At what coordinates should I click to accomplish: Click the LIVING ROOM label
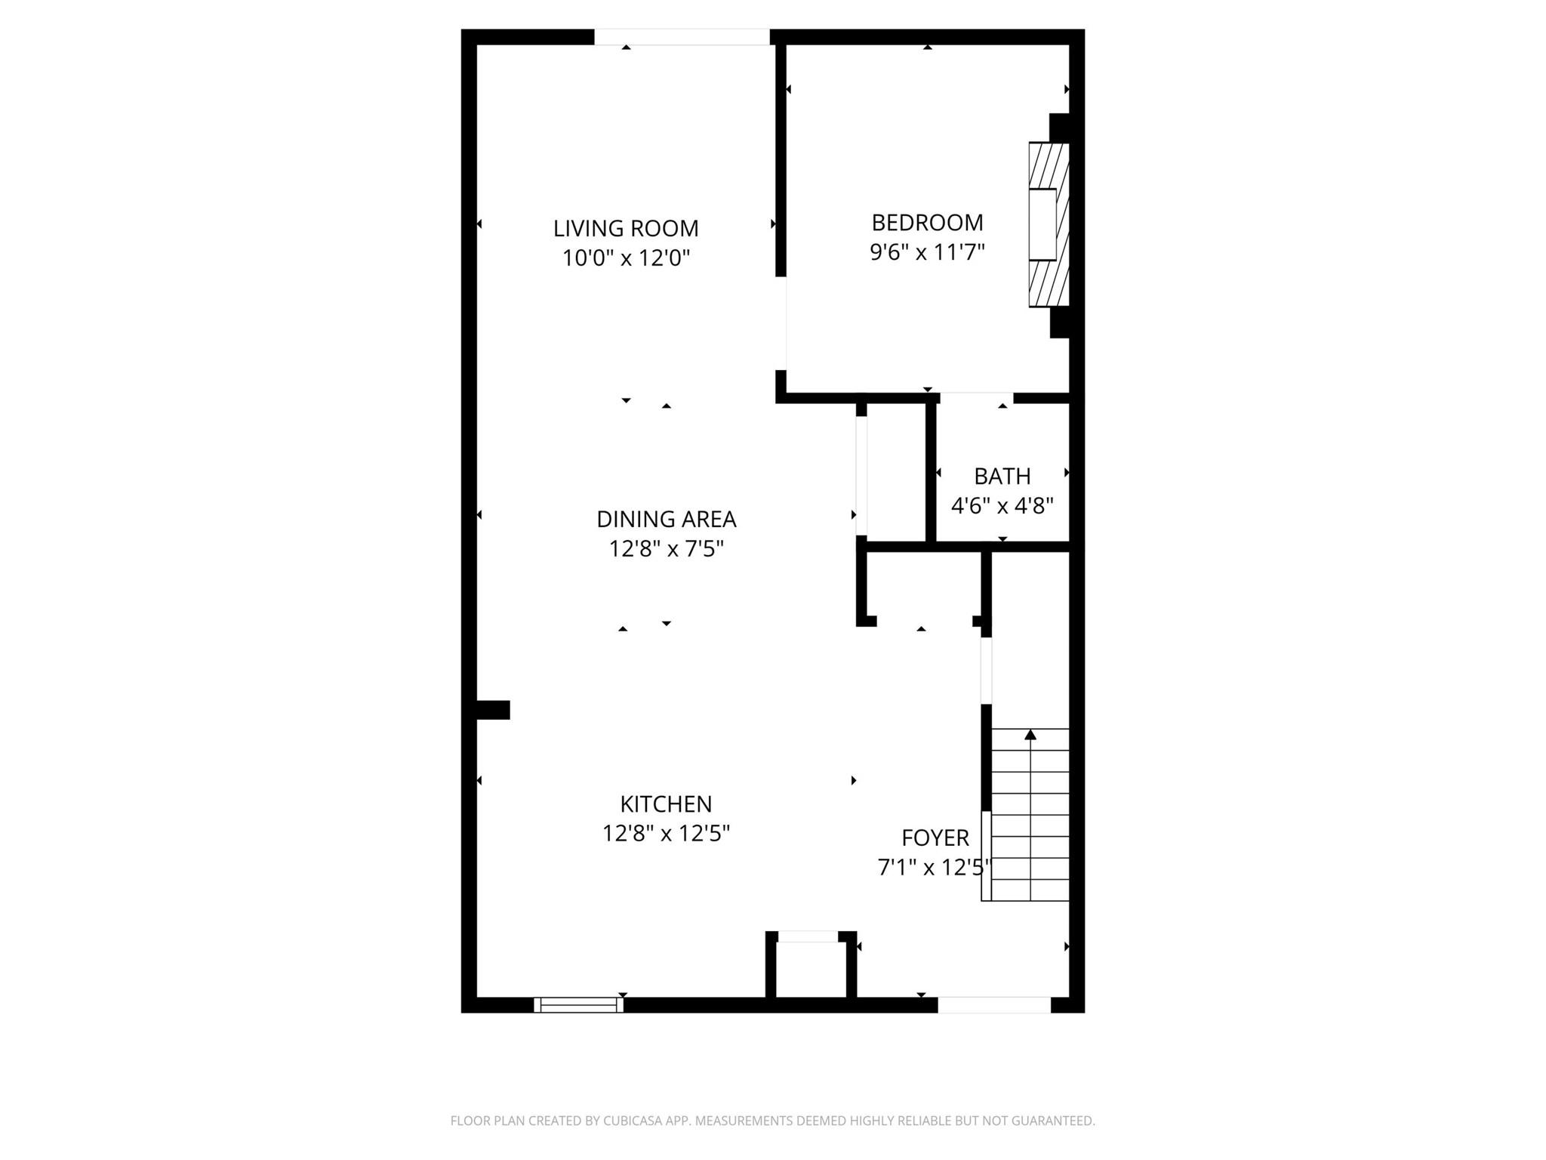coord(626,228)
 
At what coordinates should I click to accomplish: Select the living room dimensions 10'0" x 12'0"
coord(626,258)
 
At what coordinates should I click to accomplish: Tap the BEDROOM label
coord(927,223)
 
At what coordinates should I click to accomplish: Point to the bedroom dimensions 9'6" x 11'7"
coord(927,252)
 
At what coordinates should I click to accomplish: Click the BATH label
coord(1002,477)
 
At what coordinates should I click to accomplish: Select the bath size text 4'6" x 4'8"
coord(1002,506)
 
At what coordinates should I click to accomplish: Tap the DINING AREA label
coord(666,520)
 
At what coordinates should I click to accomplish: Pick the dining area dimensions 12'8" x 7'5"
coord(666,549)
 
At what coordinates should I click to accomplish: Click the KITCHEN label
coord(666,804)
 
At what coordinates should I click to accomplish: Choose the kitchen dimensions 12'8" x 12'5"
coord(666,834)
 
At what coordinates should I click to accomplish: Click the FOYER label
coord(935,838)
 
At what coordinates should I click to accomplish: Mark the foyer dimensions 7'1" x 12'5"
coord(933,868)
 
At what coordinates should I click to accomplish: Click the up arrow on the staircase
coord(1030,735)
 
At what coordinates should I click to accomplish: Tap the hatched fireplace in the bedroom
coord(1049,225)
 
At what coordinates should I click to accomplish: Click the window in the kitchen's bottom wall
coord(578,1004)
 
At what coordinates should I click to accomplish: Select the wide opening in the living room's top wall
coord(682,37)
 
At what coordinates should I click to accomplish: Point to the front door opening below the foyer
coord(993,1004)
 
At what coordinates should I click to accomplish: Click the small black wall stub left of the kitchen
coord(493,710)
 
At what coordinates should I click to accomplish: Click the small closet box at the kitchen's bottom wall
coord(810,970)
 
